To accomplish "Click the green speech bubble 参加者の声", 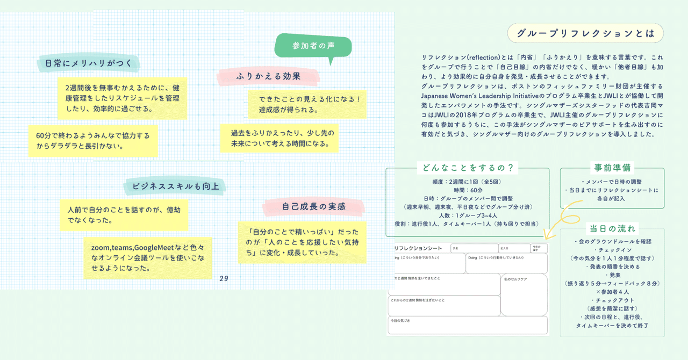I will point(313,46).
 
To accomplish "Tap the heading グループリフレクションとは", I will point(585,34).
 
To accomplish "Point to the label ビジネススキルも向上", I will point(175,186).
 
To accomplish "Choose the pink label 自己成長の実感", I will point(313,206).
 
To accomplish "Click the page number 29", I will point(224,279).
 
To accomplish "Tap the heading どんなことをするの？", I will point(467,168).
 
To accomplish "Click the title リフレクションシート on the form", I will point(418,248).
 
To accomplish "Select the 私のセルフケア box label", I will point(515,279).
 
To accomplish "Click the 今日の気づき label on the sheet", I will point(400,321).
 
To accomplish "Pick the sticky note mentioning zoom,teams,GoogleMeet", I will point(148,257).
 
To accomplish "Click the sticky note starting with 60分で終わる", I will point(93,140).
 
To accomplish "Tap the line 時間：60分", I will point(468,190).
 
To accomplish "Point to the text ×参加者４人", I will point(612,291).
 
